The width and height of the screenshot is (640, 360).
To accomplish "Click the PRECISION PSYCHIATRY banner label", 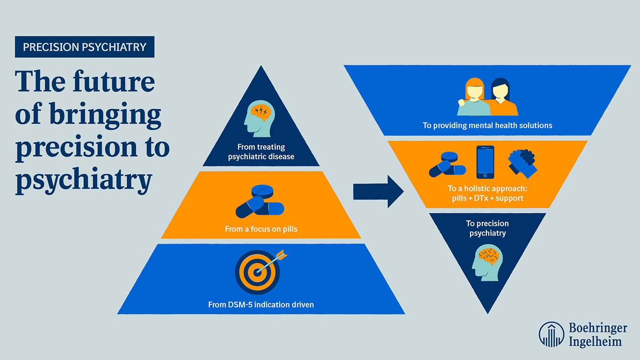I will click(84, 47).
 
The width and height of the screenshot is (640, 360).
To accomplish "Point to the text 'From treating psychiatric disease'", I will click(261, 152).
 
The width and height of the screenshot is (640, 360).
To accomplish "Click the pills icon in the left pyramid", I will click(260, 202).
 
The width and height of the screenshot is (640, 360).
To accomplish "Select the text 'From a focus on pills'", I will click(261, 229).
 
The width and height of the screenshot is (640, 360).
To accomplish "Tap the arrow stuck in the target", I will click(274, 260).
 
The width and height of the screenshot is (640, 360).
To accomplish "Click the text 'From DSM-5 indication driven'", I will click(261, 305).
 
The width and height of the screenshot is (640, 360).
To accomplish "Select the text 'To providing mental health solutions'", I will click(487, 125).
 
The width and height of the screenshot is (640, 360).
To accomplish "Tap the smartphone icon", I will click(485, 162).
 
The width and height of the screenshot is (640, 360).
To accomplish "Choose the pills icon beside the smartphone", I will click(447, 164).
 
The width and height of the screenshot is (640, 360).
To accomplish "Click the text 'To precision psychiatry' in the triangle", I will click(488, 228).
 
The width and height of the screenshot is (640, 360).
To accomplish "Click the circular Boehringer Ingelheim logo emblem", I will click(552, 334).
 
